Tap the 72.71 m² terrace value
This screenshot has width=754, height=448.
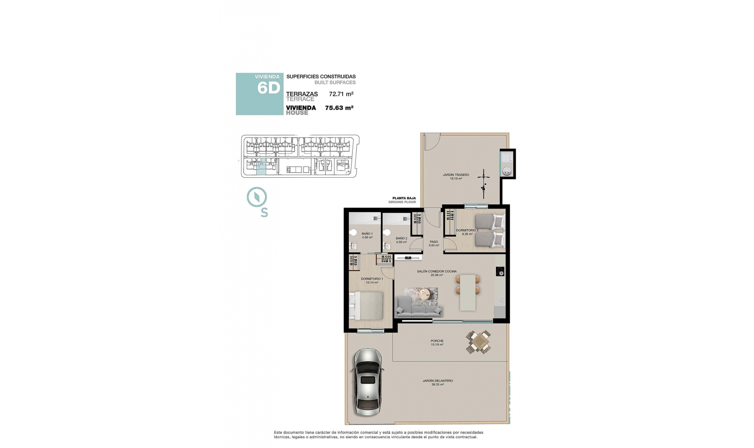(x=341, y=94)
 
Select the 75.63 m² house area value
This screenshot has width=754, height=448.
(x=339, y=108)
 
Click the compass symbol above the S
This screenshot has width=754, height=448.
(x=257, y=197)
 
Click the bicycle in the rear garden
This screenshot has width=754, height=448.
(x=484, y=183)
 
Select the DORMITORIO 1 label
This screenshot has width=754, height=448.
(x=372, y=279)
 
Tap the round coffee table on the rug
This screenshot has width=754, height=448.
(x=425, y=293)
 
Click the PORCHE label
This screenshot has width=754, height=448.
(x=437, y=341)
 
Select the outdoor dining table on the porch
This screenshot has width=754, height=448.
(x=478, y=342)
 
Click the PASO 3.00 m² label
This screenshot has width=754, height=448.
(x=434, y=244)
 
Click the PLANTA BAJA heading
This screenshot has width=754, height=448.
(x=404, y=198)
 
